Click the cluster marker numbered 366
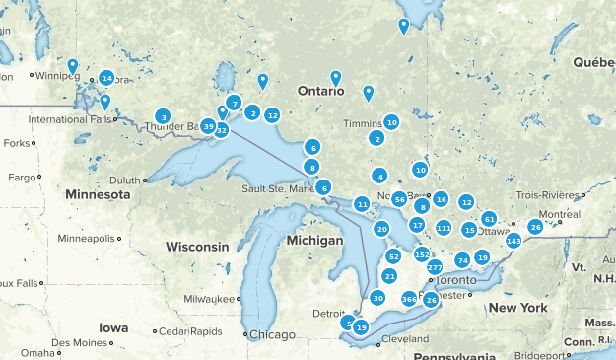pos(409,298)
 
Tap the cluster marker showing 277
pos(435,267)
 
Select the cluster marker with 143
pos(513,241)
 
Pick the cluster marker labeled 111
pos(444,228)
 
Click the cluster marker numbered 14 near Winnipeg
pos(106,78)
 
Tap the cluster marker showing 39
pos(208,126)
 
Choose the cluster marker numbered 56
pos(399,199)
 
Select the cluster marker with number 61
pos(489,218)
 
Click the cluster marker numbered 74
pos(462,260)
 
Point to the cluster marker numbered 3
pos(163,117)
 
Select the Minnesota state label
pos(98,195)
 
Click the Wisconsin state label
pos(197,246)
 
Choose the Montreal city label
pos(559,214)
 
